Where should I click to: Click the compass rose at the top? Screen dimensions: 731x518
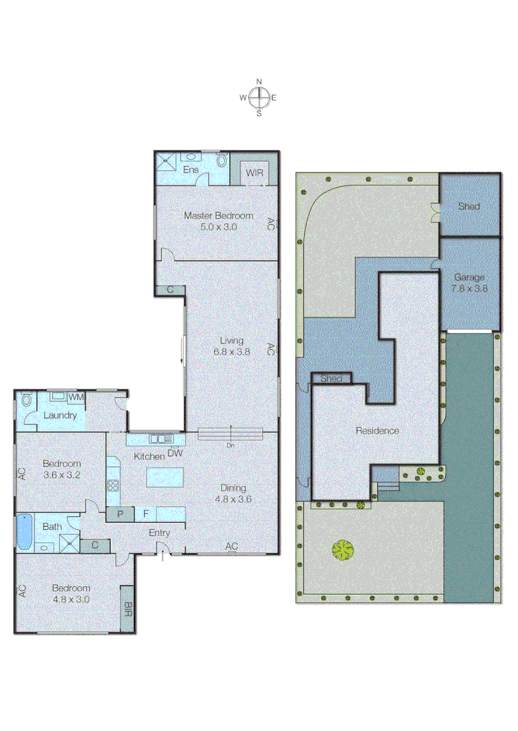click(259, 97)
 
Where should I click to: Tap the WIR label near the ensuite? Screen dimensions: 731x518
click(255, 173)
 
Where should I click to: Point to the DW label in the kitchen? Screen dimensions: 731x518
click(175, 453)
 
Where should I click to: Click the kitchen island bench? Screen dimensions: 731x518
click(165, 477)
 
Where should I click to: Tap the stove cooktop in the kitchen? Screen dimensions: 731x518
click(113, 485)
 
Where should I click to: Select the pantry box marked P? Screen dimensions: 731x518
click(121, 514)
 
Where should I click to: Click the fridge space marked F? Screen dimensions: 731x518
click(146, 514)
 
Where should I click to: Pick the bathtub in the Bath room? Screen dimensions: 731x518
click(24, 532)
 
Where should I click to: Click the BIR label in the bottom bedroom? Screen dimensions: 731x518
click(127, 608)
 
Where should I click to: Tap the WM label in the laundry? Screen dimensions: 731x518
click(76, 397)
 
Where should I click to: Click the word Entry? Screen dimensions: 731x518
click(160, 533)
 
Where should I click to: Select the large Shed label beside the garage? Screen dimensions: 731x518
click(469, 206)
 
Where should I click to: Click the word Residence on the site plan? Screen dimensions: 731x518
click(377, 430)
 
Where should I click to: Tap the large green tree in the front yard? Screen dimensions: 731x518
click(343, 550)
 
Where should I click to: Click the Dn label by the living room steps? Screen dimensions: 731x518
click(231, 445)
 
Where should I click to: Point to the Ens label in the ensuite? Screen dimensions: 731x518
click(192, 170)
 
